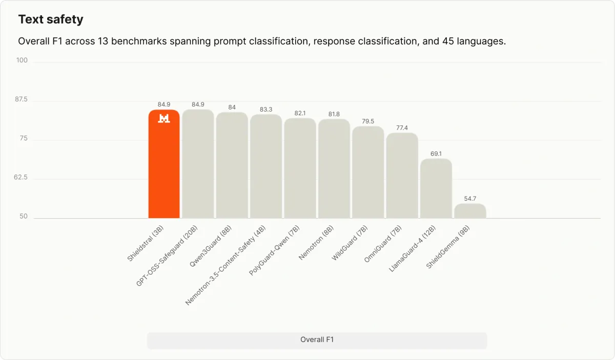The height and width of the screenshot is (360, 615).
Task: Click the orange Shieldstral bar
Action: pyautogui.click(x=164, y=164)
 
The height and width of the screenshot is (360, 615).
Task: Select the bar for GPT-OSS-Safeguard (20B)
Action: pyautogui.click(x=198, y=164)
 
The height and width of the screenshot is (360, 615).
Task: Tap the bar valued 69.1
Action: pyautogui.click(x=436, y=188)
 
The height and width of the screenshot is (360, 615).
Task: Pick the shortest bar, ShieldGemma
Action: pyautogui.click(x=470, y=211)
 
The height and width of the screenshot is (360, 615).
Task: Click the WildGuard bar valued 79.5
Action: pyautogui.click(x=368, y=172)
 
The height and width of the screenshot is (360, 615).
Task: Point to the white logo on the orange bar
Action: pyautogui.click(x=164, y=118)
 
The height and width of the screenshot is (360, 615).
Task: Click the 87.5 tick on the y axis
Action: pyautogui.click(x=21, y=99)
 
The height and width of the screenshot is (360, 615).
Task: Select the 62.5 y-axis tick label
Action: pyautogui.click(x=20, y=177)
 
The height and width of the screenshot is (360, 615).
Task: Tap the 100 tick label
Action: pyautogui.click(x=22, y=60)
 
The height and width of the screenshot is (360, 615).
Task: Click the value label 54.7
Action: pyautogui.click(x=470, y=198)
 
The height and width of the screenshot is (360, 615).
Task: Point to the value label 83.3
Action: pyautogui.click(x=266, y=109)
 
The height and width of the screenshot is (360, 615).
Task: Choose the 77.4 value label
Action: pyautogui.click(x=402, y=128)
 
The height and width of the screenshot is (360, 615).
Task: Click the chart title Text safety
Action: pyautogui.click(x=51, y=19)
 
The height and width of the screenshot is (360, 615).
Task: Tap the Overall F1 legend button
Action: pyautogui.click(x=317, y=340)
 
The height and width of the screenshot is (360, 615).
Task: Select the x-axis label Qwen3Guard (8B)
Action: pyautogui.click(x=211, y=246)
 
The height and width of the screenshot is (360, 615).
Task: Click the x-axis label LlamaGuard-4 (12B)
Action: pyautogui.click(x=412, y=249)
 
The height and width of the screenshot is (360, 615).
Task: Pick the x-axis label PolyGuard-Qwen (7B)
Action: pyautogui.click(x=274, y=250)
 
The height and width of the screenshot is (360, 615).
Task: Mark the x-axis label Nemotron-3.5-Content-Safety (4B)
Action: pyautogui.click(x=225, y=265)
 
